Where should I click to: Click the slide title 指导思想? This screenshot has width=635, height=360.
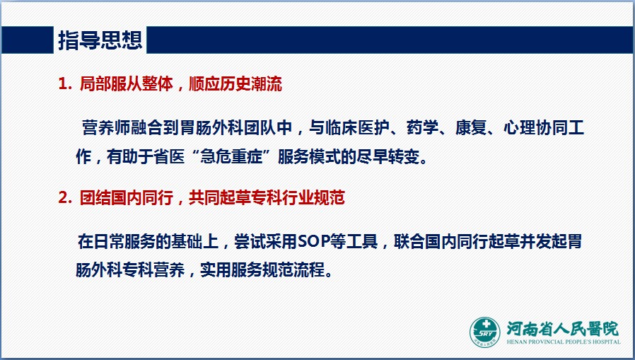pos(100,40)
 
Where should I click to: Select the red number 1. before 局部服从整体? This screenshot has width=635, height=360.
pos(66,84)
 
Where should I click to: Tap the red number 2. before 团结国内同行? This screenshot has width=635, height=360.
pos(66,197)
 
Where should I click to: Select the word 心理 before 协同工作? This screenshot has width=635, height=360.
pos(520,127)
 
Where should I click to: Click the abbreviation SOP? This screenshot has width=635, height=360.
pos(313,241)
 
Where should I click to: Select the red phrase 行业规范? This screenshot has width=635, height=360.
pos(314,197)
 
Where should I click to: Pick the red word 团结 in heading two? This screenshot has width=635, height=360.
pos(95,197)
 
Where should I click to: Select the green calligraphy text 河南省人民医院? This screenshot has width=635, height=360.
pos(563,329)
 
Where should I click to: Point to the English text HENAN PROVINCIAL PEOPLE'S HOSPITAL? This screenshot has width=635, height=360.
pos(564,342)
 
